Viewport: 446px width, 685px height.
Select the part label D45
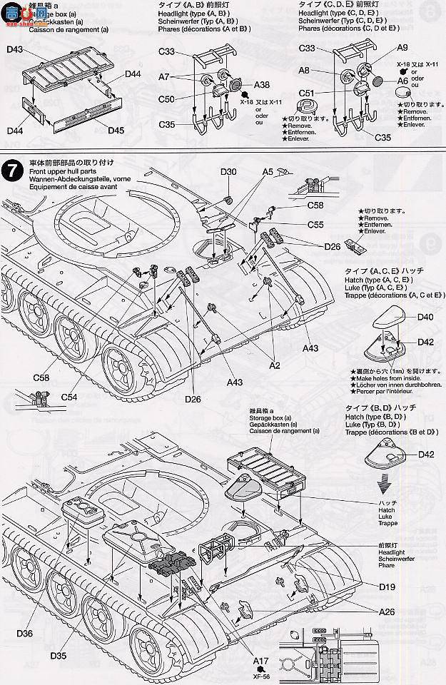tap(116, 130)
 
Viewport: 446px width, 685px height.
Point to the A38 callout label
tap(260, 83)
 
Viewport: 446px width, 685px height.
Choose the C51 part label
tap(306, 93)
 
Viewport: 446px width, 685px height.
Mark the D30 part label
tap(228, 172)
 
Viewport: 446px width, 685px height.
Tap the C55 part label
tap(316, 224)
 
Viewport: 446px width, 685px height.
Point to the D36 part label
tap(24, 632)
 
